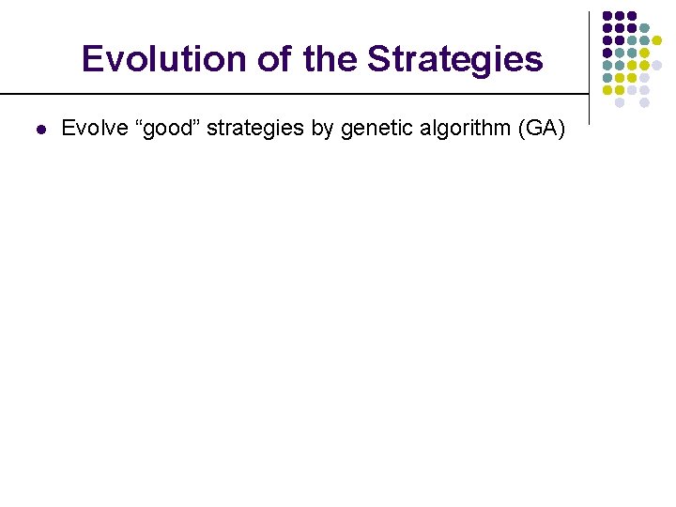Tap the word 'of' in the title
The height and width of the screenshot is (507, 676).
coord(273,59)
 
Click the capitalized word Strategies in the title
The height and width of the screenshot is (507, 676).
coord(454,59)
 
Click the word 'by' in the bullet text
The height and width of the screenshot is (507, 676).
coord(323,129)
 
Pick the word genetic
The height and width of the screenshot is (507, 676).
coord(373,129)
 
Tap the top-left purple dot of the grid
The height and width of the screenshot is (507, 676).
coord(607,16)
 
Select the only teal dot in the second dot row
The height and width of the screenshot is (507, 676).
coord(644,28)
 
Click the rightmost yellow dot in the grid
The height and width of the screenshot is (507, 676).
coord(657,40)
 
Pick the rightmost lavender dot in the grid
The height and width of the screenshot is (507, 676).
coord(657,65)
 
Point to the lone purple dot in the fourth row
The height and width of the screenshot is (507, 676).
coord(607,53)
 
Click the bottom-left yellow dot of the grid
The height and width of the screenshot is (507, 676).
coord(607,90)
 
